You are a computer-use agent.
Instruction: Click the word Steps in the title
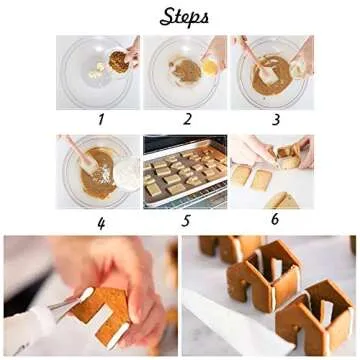point(183,17)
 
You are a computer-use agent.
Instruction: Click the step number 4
point(100,222)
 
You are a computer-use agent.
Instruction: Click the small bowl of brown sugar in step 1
point(119,62)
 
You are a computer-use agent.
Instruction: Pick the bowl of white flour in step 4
point(126,172)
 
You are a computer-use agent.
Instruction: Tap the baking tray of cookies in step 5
point(185,176)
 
